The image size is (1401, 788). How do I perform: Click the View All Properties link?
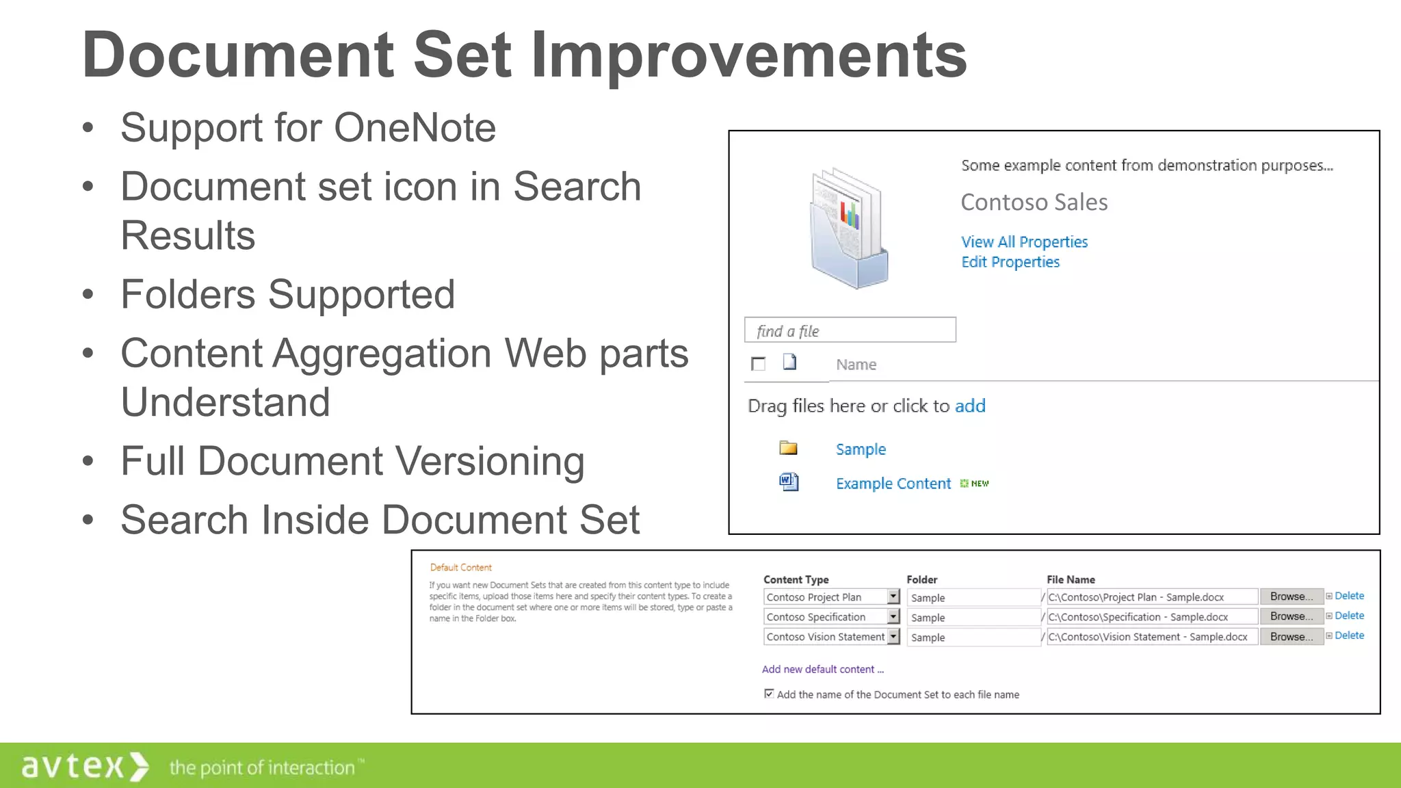(1023, 242)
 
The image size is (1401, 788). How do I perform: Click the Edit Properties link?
(1010, 262)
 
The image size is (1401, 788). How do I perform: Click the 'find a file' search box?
(850, 330)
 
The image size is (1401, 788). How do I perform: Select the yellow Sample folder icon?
(788, 448)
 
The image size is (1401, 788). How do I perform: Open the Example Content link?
(893, 484)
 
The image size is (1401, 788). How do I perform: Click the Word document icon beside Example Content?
(789, 482)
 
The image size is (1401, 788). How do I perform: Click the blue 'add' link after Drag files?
(969, 406)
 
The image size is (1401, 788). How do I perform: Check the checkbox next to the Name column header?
(758, 364)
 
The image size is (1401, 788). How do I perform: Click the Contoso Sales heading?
(1034, 202)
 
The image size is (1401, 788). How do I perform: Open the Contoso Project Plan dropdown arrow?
(893, 596)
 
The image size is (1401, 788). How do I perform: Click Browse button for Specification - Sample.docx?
(1291, 616)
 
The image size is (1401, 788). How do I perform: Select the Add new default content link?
(822, 669)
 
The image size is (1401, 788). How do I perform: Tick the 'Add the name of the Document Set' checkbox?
(769, 694)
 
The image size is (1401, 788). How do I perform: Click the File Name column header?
(1071, 579)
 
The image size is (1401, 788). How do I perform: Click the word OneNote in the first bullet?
(415, 128)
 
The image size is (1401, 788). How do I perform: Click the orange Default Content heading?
(460, 568)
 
